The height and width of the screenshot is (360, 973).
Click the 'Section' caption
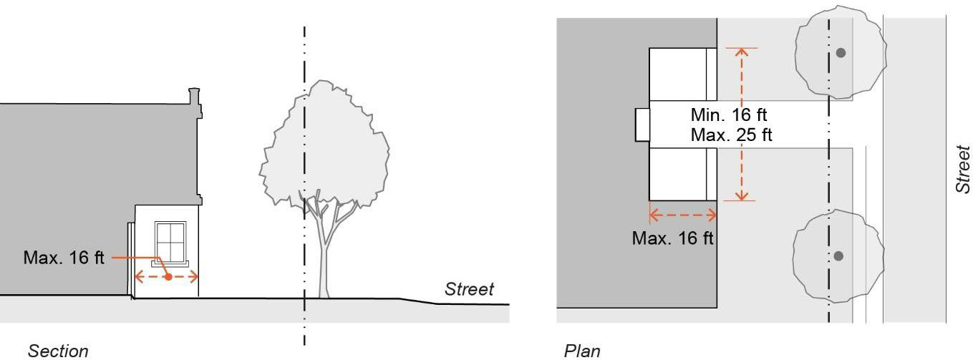click(58, 350)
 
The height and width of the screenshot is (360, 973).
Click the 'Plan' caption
click(582, 350)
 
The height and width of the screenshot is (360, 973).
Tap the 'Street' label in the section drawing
click(469, 289)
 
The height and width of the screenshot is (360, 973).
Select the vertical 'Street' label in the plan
click(963, 170)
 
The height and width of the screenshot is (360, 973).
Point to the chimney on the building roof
click(194, 100)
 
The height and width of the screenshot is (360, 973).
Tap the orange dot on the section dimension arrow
click(167, 276)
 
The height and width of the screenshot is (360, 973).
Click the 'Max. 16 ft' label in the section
click(64, 257)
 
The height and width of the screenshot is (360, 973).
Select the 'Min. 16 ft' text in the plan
click(730, 115)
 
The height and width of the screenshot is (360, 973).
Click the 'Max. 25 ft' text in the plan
click(731, 135)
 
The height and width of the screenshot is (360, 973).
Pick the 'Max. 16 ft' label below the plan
click(672, 238)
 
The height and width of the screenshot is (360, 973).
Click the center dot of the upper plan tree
click(841, 52)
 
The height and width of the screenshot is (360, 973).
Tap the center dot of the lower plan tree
click(838, 256)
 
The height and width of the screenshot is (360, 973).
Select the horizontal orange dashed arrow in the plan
click(682, 213)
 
